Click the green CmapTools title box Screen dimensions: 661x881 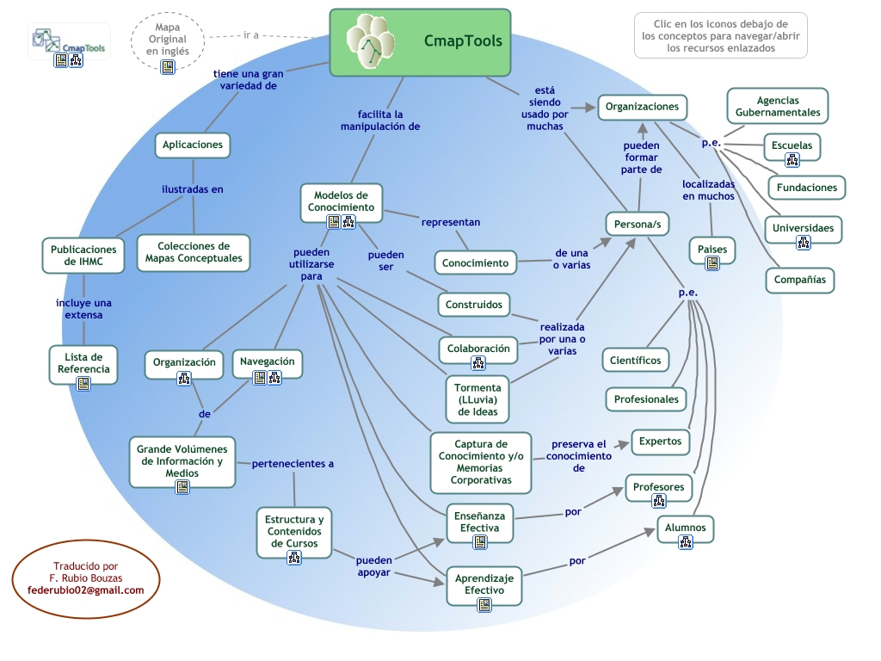click(x=421, y=40)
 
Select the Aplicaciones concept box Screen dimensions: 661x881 click(x=193, y=145)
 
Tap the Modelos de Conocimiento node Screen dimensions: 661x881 click(x=342, y=202)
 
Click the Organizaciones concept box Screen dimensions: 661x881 click(x=642, y=107)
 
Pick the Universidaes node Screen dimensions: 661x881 click(x=803, y=229)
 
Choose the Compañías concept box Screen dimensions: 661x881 click(x=799, y=280)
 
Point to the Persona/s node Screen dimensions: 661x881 click(x=638, y=225)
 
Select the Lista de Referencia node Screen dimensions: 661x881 click(x=83, y=363)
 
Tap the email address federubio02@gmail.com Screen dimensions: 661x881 click(x=86, y=590)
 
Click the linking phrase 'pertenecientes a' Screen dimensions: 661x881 click(x=293, y=464)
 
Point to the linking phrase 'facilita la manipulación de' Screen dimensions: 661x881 click(x=379, y=120)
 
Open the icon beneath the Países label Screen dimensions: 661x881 click(x=712, y=263)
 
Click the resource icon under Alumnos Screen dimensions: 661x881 click(x=686, y=542)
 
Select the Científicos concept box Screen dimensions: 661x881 click(x=636, y=360)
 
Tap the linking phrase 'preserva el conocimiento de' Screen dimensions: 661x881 click(x=579, y=456)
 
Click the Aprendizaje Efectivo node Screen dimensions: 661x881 click(x=484, y=584)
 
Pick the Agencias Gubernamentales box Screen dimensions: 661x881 click(x=777, y=107)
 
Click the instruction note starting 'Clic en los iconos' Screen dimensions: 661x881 click(x=720, y=35)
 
